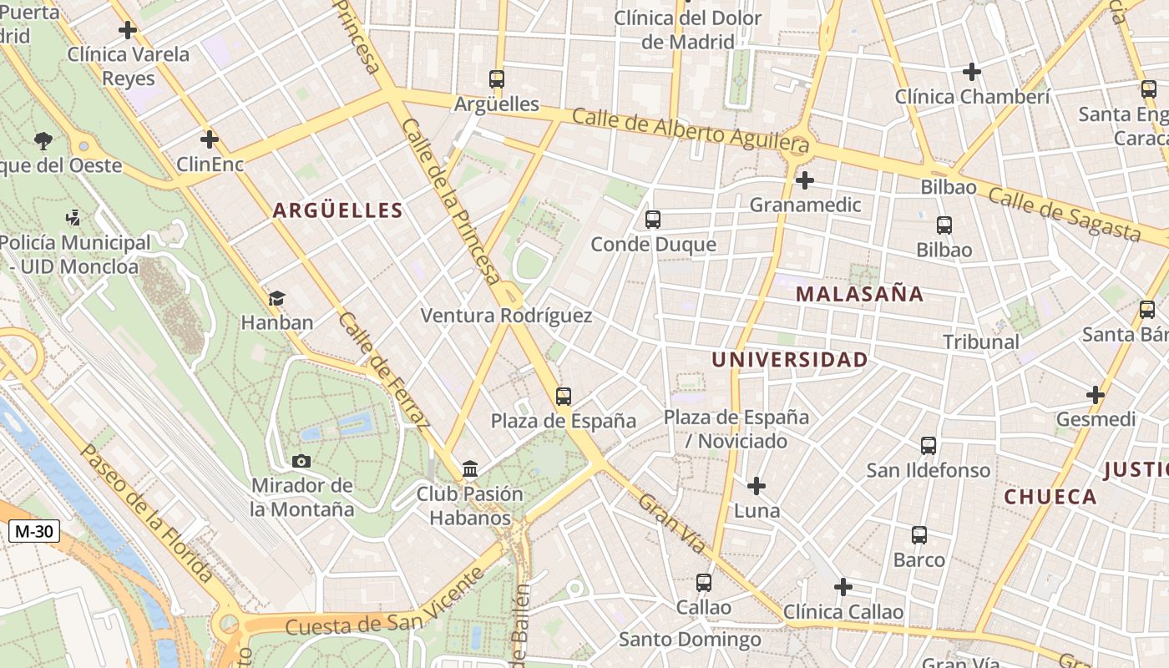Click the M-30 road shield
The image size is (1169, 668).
34,530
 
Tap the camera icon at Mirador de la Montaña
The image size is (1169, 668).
301,461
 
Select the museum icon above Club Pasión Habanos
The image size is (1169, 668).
470,469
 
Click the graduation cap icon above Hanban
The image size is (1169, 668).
276,298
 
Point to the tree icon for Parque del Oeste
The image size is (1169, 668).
43,140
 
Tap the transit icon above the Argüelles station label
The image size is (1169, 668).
497,79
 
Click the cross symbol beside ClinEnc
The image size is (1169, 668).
210,139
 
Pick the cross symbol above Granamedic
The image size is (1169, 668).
805,180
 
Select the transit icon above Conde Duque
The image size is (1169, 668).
653,220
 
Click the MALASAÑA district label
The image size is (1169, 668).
859,294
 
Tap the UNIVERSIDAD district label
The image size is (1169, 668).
789,360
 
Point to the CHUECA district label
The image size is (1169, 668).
1050,497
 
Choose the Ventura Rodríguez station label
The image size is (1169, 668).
506,316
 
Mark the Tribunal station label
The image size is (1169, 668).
981,342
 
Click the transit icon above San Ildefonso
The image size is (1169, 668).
929,446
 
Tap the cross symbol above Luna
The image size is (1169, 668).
757,486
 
